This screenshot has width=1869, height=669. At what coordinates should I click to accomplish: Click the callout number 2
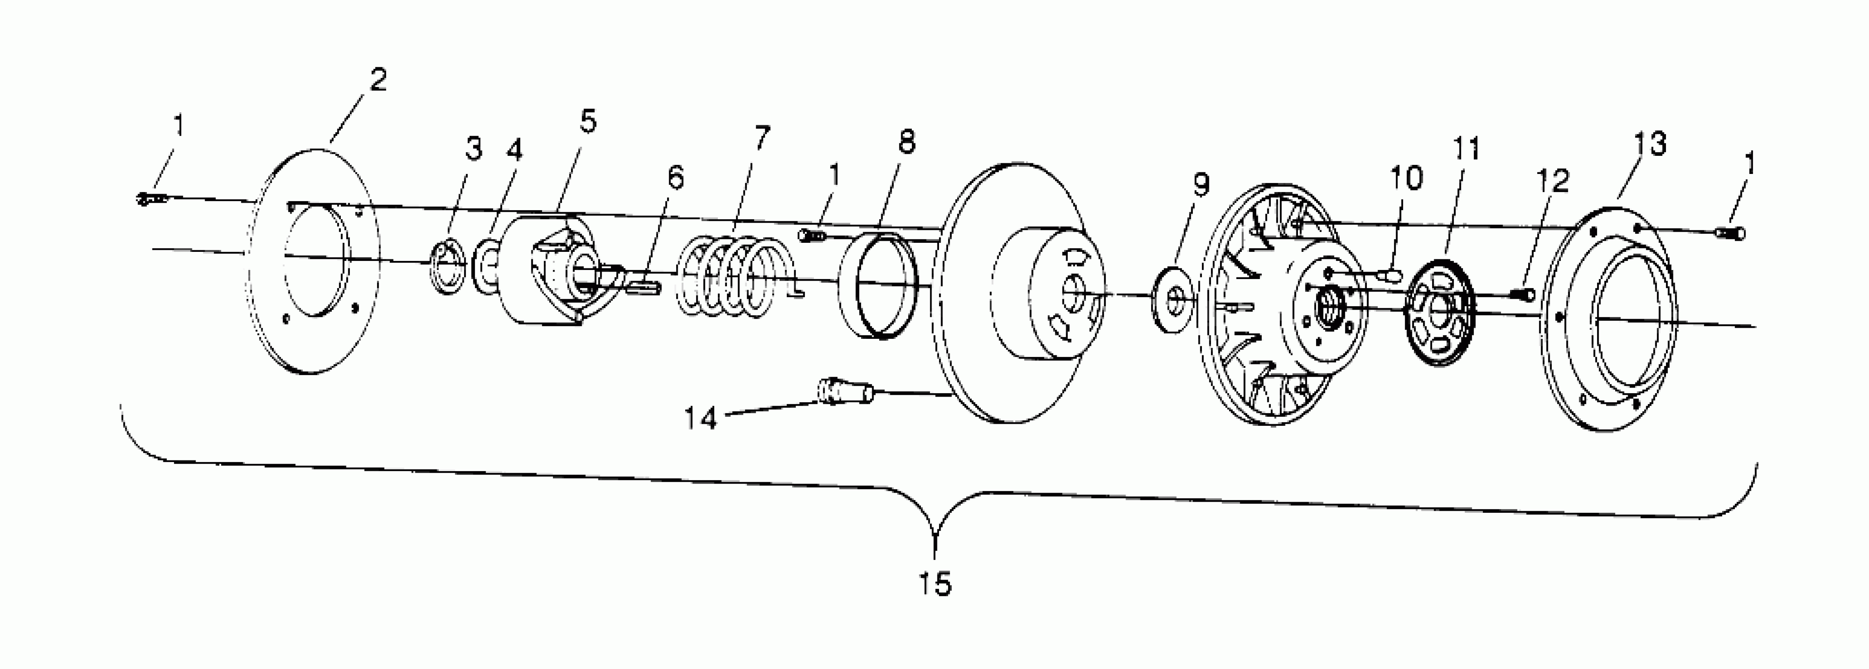377,80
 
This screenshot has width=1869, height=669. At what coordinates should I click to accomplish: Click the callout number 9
1201,186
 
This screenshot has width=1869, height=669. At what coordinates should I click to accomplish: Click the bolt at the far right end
1730,233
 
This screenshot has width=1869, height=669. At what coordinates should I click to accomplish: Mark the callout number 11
1465,150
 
